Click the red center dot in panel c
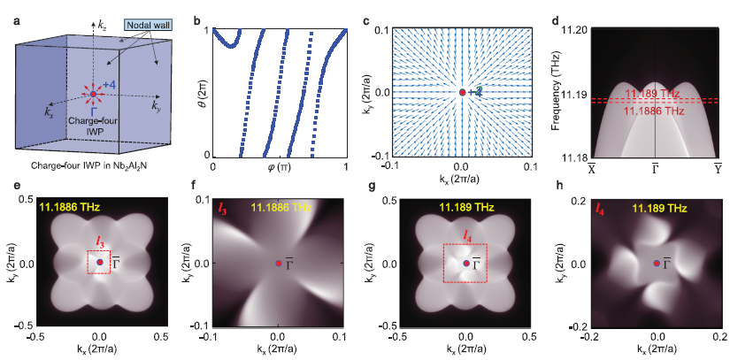point(461,92)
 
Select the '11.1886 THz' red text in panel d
point(653,111)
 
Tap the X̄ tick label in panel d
point(590,168)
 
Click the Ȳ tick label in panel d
point(718,168)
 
